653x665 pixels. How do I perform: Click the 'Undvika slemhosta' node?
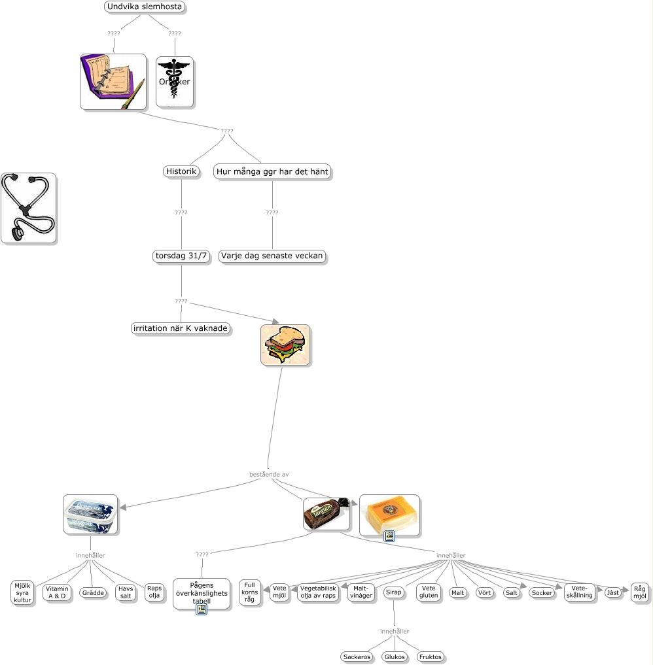tap(145, 7)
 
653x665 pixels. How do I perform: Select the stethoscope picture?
tap(28, 208)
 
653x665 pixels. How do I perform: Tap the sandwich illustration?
tap(285, 345)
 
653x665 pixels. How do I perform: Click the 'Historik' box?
tap(181, 171)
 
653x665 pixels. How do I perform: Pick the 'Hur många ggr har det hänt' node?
tap(272, 171)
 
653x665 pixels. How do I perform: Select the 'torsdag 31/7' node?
tap(181, 256)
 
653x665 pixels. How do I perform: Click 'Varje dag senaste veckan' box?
tap(272, 256)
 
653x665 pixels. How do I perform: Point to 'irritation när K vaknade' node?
tap(181, 328)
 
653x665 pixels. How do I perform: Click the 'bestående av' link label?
tap(269, 474)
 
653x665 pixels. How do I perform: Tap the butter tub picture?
tap(90, 514)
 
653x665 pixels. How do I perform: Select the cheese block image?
tap(389, 513)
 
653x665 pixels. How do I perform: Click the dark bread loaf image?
tap(326, 514)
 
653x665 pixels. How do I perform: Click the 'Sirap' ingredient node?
tap(393, 592)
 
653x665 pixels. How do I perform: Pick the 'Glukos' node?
tap(395, 656)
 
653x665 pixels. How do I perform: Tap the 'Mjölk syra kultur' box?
tap(23, 592)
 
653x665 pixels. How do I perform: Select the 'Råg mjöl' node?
tap(640, 592)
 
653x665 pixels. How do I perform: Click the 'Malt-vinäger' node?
tap(361, 592)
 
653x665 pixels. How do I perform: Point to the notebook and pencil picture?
tap(113, 81)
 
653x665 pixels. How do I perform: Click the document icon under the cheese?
tap(389, 536)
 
